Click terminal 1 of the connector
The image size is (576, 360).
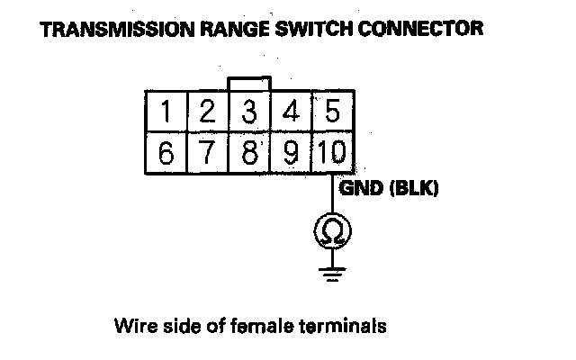point(166,112)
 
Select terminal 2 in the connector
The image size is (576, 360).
point(207,112)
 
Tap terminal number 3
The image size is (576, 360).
point(250,112)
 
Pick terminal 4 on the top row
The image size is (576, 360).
point(291,112)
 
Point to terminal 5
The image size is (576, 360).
point(332,112)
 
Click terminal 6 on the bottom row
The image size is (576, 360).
point(166,153)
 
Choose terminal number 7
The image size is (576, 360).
point(207,153)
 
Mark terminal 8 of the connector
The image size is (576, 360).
point(250,153)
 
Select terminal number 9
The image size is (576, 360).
point(291,153)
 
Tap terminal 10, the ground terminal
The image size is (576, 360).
point(332,153)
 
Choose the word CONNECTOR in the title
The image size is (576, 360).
point(422,30)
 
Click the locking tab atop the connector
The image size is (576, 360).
point(250,83)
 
